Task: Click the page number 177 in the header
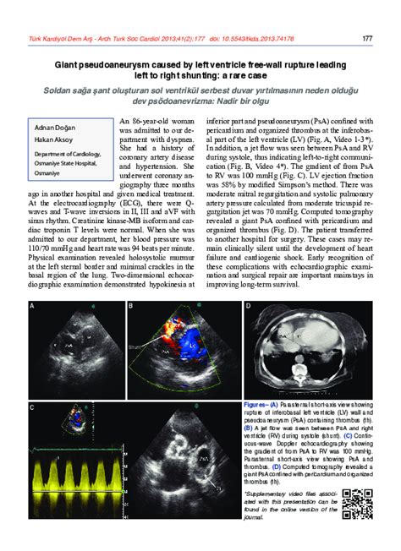(x=367, y=37)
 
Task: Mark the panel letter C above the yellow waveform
(x=33, y=408)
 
